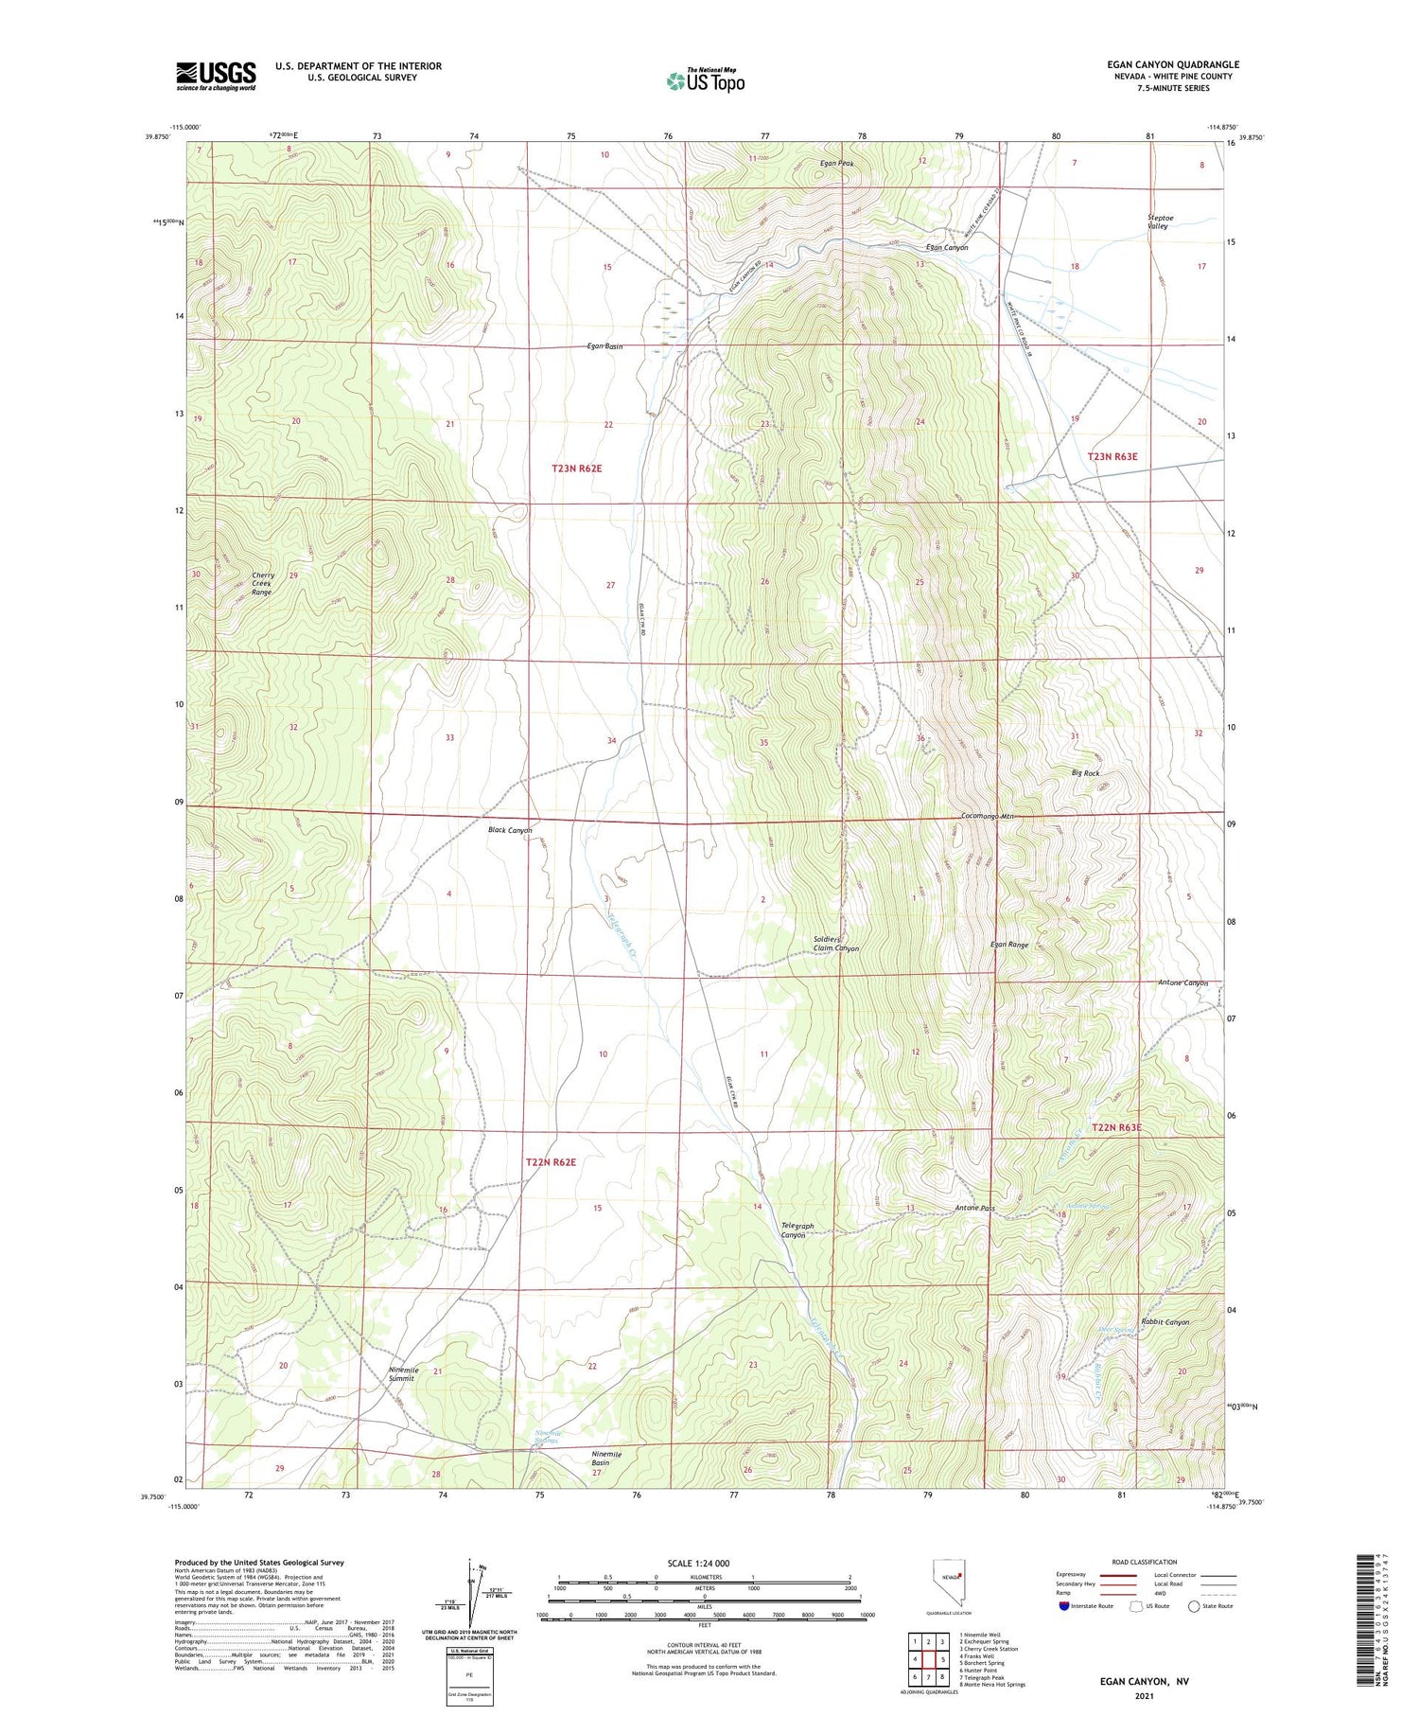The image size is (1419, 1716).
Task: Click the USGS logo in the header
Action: point(216,76)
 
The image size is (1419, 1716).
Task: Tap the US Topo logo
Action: point(705,80)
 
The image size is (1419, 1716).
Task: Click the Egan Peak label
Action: point(837,164)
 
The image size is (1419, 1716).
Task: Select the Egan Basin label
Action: point(604,346)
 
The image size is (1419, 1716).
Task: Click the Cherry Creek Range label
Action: point(262,584)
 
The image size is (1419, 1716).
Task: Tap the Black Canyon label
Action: point(510,830)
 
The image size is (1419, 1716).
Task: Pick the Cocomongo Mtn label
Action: point(987,816)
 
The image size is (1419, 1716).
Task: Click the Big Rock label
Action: point(1085,773)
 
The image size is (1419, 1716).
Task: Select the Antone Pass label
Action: point(974,1209)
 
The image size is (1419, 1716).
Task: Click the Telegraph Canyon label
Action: point(797,1230)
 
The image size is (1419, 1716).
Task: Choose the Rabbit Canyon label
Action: point(1165,1322)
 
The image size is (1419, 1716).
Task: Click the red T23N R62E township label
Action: point(577,469)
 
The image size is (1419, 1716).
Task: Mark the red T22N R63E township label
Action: point(1116,1128)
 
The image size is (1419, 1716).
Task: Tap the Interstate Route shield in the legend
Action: point(1063,1606)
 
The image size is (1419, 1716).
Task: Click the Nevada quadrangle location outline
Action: point(947,1582)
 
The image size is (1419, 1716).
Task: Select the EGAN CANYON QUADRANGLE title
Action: point(1172,64)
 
